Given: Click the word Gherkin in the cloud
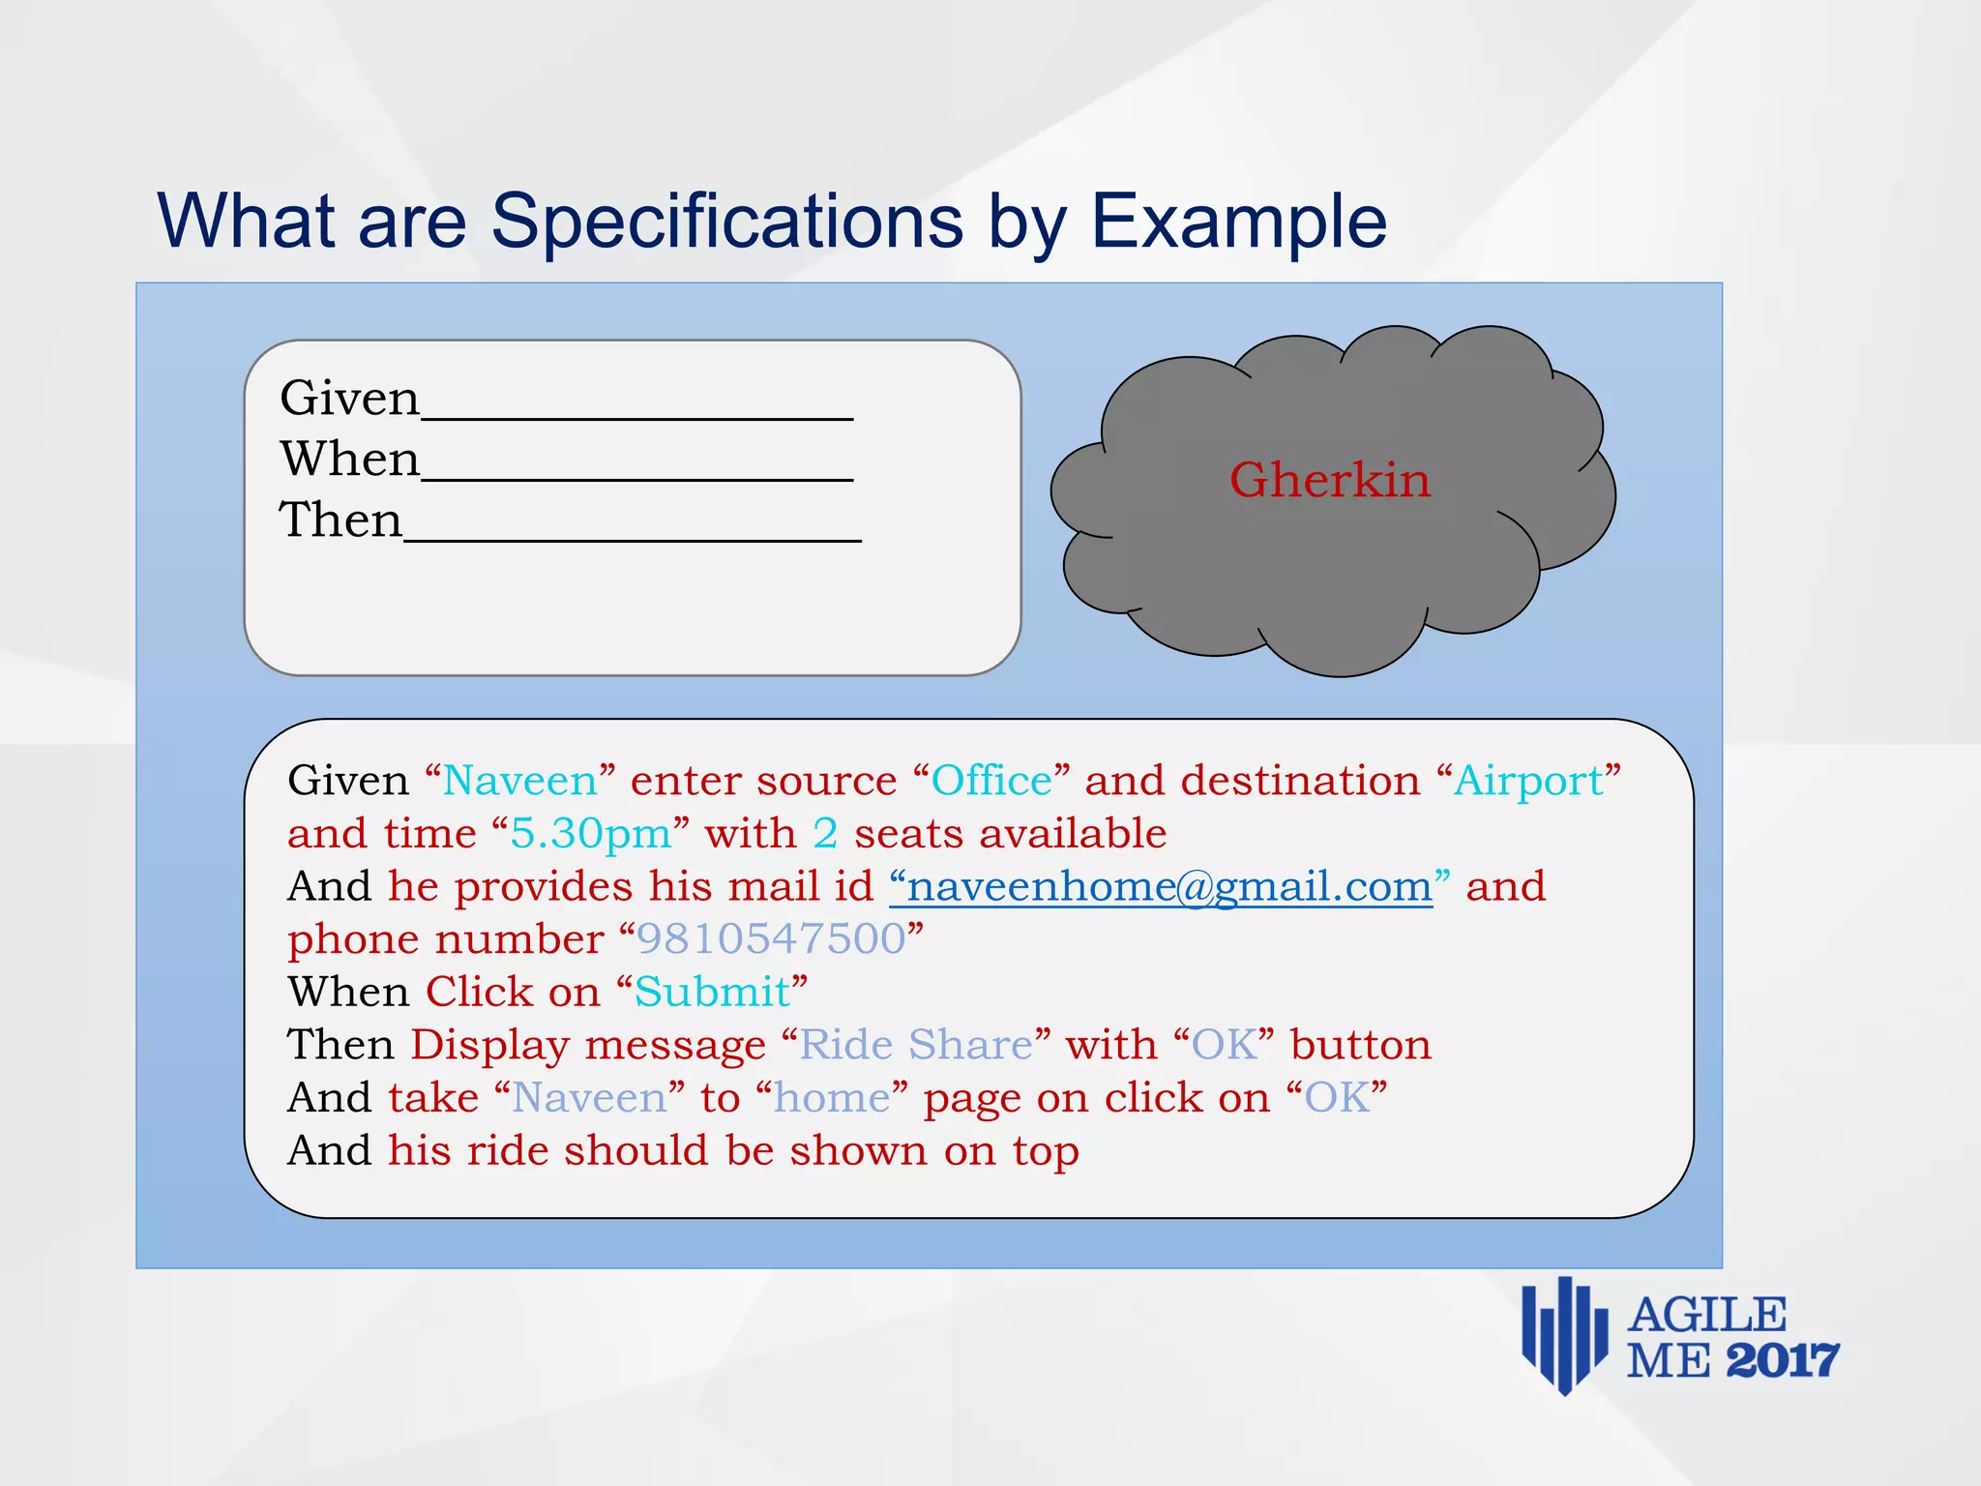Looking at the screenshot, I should point(1329,481).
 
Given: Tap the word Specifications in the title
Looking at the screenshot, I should point(726,223).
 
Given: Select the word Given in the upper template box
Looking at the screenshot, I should point(349,399).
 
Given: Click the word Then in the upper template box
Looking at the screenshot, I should point(340,520).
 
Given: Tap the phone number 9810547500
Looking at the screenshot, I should point(771,939).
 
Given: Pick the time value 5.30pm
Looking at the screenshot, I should point(590,834).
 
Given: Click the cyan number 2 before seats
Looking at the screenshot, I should point(825,834).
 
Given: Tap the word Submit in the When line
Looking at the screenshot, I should point(712,993).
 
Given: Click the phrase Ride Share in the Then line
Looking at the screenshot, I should point(915,1046).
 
